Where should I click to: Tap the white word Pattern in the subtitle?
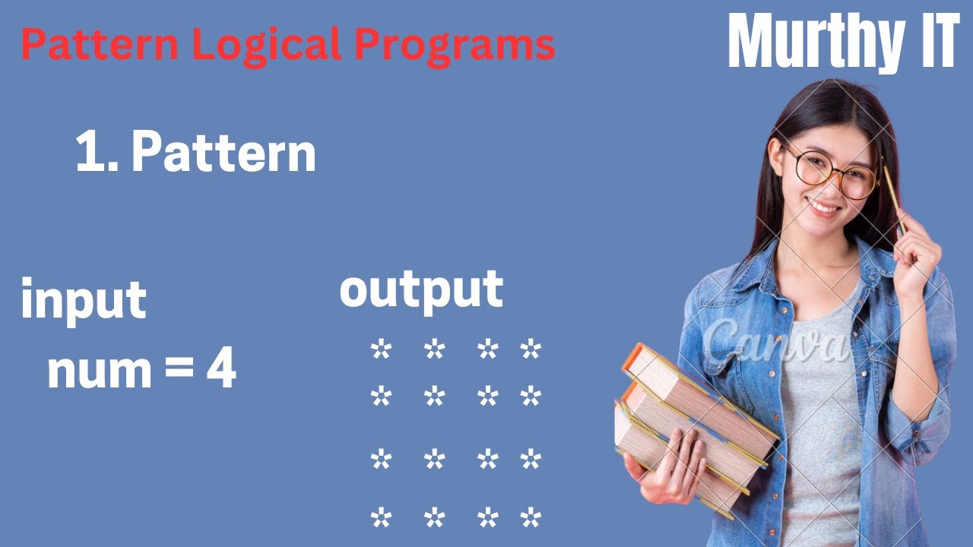tap(223, 152)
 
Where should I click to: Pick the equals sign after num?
tap(176, 372)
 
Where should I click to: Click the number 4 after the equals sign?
tap(220, 370)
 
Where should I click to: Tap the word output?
tap(421, 289)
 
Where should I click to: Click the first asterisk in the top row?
tap(380, 350)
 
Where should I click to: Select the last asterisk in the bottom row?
tap(530, 519)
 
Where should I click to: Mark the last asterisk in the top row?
tap(530, 350)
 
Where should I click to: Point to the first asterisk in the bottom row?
tap(380, 519)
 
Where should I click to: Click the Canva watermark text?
tap(776, 343)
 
